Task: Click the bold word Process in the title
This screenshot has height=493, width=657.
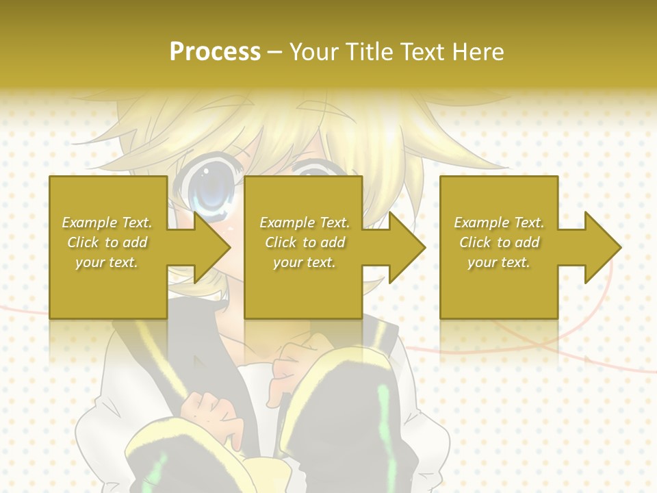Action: click(x=215, y=52)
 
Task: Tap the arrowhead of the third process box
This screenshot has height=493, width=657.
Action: click(x=602, y=247)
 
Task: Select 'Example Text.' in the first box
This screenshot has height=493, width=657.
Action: click(x=107, y=223)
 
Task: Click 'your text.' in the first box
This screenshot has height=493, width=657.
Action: click(x=107, y=262)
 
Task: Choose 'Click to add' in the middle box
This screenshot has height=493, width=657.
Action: click(x=305, y=242)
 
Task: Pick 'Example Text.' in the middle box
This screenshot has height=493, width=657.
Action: click(x=305, y=223)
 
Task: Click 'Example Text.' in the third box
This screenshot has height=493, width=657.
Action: click(x=499, y=223)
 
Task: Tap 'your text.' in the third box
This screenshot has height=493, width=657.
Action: click(x=499, y=262)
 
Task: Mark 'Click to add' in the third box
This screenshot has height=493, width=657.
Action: click(x=499, y=242)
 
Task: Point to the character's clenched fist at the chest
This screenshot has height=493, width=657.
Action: click(x=205, y=411)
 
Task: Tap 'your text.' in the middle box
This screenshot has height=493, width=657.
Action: click(x=305, y=262)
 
